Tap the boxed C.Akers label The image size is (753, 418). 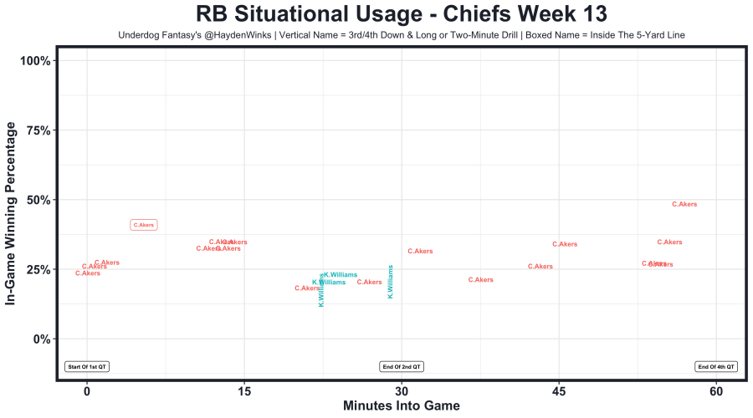[144, 225]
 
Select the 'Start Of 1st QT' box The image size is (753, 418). [87, 366]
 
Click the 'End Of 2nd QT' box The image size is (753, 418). [402, 366]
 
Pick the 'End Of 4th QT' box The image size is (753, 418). [716, 366]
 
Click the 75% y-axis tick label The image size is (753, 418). [38, 130]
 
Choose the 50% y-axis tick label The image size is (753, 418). [38, 200]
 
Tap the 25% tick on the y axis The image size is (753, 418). [38, 269]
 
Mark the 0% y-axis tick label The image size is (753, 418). [42, 339]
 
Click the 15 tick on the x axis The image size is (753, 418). [244, 391]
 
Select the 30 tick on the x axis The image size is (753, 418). [402, 391]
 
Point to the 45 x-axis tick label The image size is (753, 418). [559, 391]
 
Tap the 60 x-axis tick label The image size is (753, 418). [716, 391]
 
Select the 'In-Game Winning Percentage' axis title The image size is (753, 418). [12, 212]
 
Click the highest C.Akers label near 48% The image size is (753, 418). [684, 204]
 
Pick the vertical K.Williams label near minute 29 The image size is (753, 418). [391, 282]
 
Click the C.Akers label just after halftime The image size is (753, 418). [420, 251]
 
